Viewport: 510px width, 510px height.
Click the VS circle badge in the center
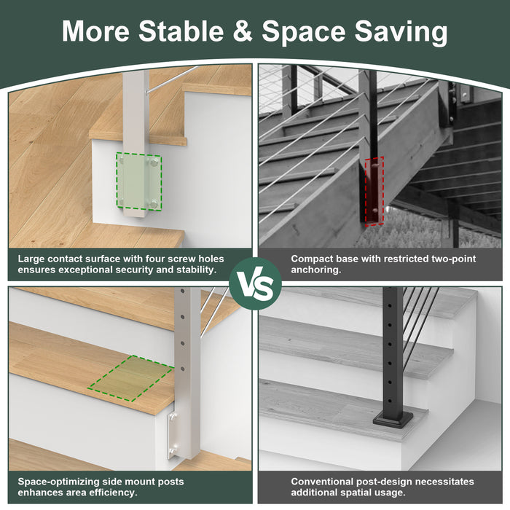[255, 283]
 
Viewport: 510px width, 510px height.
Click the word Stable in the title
[181, 31]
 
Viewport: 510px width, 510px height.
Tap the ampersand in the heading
[243, 31]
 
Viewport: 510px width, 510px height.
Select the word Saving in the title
[401, 33]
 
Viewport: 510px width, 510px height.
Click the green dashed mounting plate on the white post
[139, 181]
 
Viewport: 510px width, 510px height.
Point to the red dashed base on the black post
[374, 191]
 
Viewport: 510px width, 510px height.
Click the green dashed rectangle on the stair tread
[131, 378]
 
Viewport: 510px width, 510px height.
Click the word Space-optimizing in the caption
[58, 482]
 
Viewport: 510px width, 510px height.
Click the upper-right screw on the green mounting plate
[154, 162]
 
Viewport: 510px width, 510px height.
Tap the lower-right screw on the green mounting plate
[154, 204]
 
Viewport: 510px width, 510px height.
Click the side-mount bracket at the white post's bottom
[173, 436]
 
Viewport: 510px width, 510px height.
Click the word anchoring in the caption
[315, 270]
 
